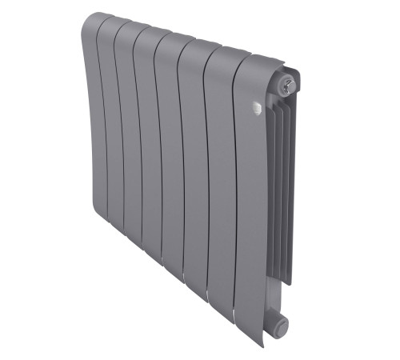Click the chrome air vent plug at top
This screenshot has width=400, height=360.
(x=290, y=82)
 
